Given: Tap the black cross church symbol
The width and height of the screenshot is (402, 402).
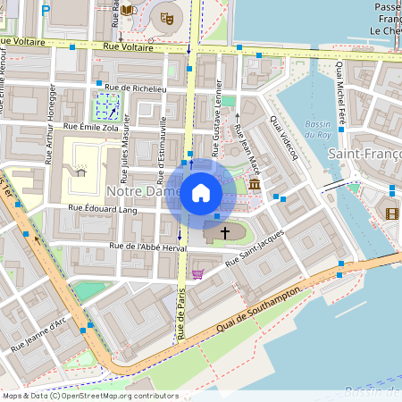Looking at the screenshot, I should (x=225, y=232).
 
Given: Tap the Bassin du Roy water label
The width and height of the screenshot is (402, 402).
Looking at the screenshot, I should (x=319, y=129).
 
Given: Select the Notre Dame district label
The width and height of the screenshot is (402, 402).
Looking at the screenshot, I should (x=143, y=191).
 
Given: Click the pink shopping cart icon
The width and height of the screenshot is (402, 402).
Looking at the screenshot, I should (x=197, y=274).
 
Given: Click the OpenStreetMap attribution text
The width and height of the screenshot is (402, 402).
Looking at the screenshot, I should (x=90, y=396).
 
